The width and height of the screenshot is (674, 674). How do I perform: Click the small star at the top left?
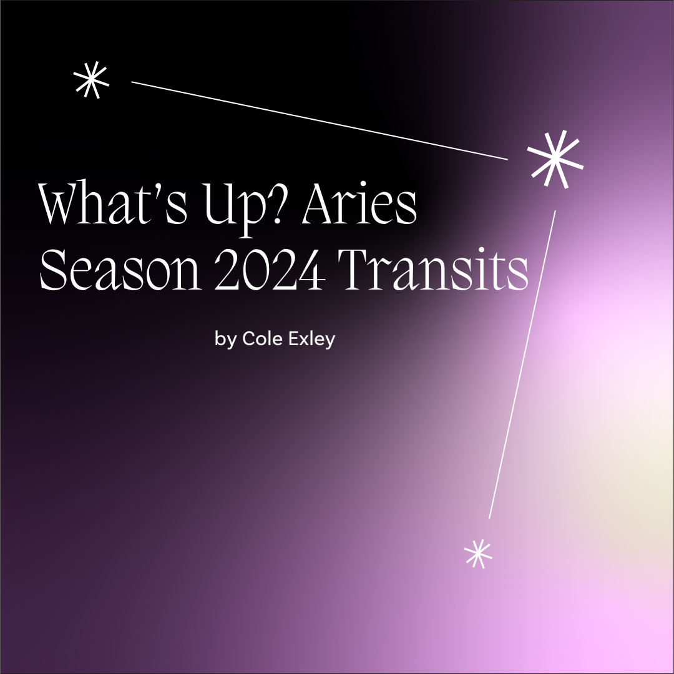tap(91, 82)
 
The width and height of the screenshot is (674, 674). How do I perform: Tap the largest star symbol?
tap(555, 159)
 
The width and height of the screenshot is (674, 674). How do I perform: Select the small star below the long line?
tap(479, 553)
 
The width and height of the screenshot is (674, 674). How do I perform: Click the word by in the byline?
tap(223, 339)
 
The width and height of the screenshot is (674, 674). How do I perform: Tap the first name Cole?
tap(256, 339)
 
